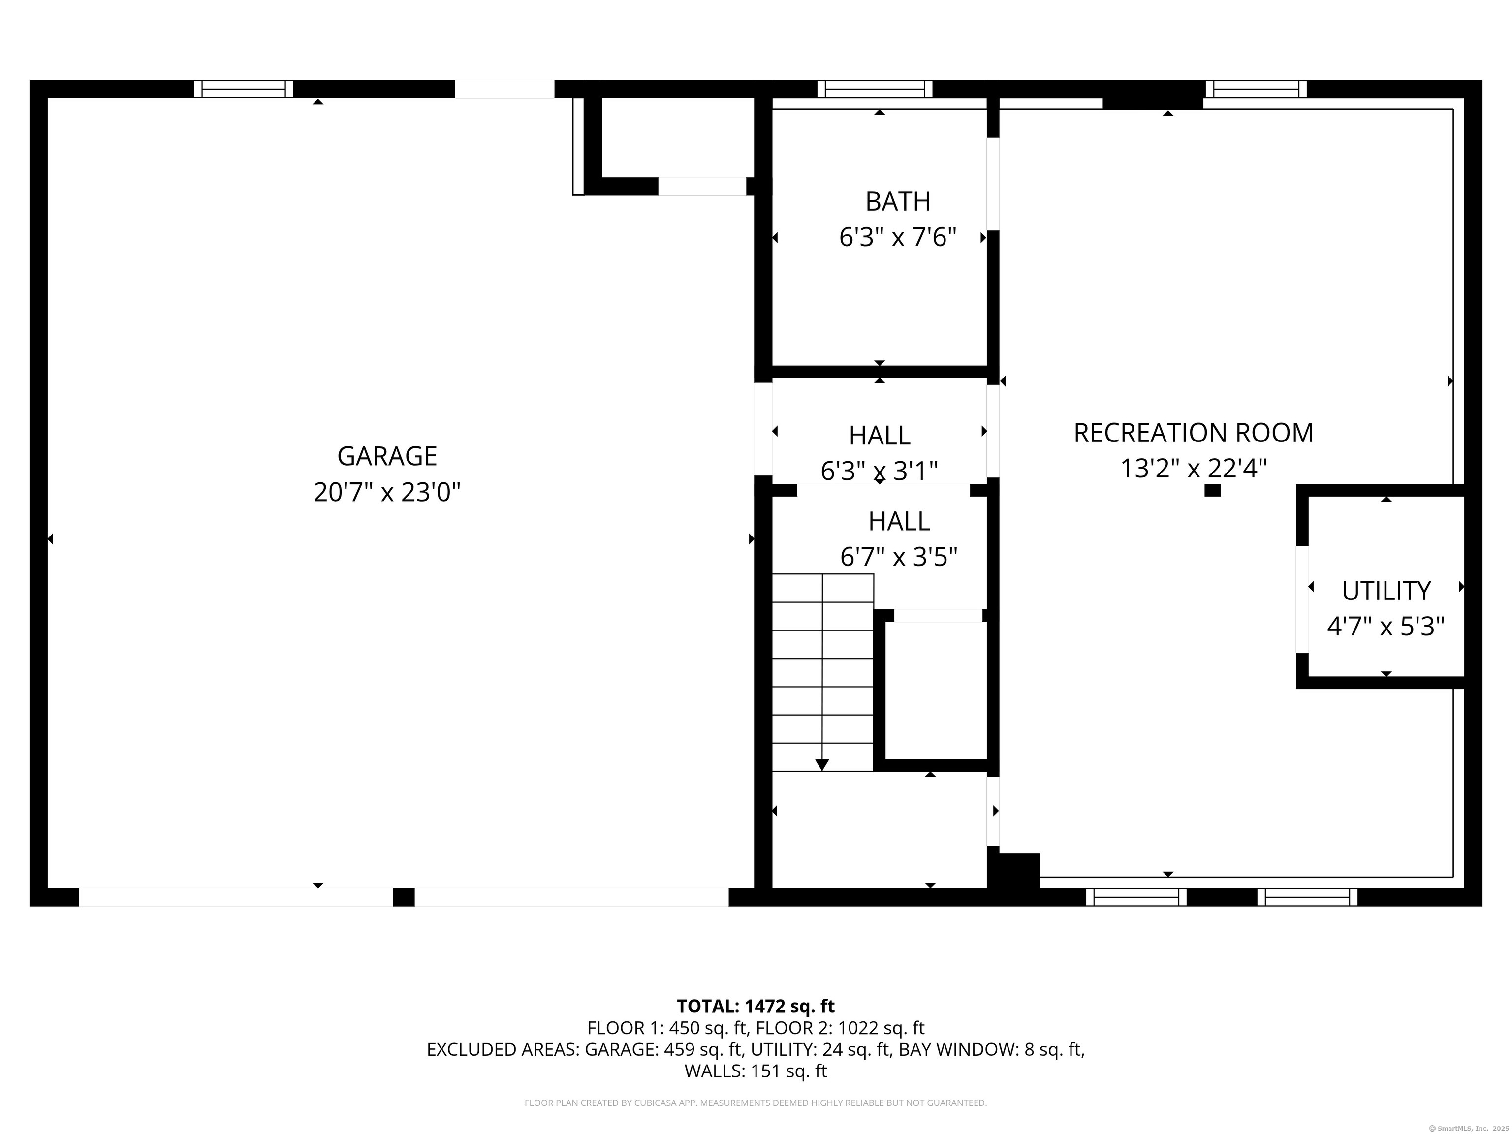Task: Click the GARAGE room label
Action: pyautogui.click(x=387, y=456)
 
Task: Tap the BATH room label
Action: pyautogui.click(x=897, y=202)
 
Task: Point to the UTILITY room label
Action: pyautogui.click(x=1386, y=591)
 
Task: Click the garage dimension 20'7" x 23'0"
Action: pyautogui.click(x=387, y=492)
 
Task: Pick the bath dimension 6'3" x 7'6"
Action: pyautogui.click(x=897, y=237)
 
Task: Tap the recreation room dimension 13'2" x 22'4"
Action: pyautogui.click(x=1194, y=469)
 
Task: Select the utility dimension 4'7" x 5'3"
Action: pyautogui.click(x=1386, y=626)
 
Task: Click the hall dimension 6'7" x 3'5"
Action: pyautogui.click(x=898, y=557)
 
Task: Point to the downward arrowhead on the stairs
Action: pyautogui.click(x=822, y=765)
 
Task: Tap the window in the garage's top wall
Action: pyautogui.click(x=244, y=89)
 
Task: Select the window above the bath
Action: pyautogui.click(x=875, y=89)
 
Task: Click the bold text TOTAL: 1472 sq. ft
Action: pyautogui.click(x=756, y=1006)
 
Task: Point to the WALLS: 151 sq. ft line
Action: pyautogui.click(x=756, y=1071)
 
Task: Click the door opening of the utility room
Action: pyautogui.click(x=1302, y=599)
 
